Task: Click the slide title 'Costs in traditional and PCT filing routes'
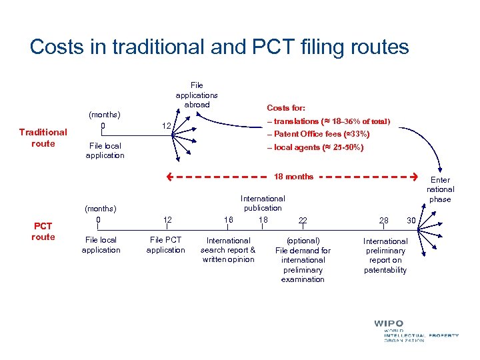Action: click(219, 47)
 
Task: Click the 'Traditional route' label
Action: click(43, 137)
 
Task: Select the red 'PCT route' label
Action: click(43, 231)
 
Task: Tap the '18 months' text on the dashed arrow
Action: click(293, 177)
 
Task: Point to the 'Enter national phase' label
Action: click(440, 189)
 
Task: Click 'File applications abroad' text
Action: click(197, 95)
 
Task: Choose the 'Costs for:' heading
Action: click(287, 107)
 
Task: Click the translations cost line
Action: click(328, 121)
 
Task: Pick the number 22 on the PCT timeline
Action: click(303, 221)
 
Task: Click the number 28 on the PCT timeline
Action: click(384, 221)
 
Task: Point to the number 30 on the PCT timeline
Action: click(411, 221)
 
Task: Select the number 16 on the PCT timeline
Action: click(228, 220)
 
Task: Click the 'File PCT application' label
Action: click(165, 245)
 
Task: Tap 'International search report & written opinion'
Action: click(228, 249)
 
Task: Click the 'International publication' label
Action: click(263, 203)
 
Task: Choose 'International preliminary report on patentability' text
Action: click(385, 255)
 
